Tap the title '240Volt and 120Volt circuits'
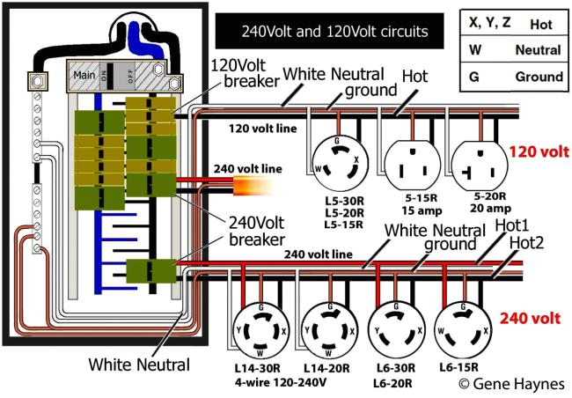(335, 32)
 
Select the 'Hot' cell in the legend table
(540, 25)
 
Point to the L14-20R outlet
(327, 330)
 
